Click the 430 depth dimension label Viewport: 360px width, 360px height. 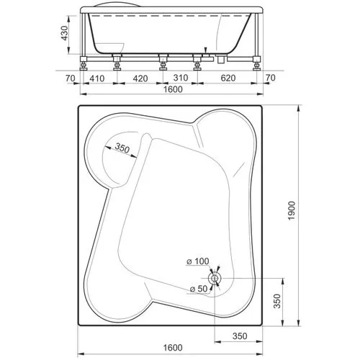click(65, 33)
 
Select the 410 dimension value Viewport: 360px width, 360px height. click(97, 78)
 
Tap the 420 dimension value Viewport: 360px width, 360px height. click(140, 78)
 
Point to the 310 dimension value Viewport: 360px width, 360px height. click(181, 78)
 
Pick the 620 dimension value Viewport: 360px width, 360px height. click(228, 78)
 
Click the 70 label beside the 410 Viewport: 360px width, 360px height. click(71, 78)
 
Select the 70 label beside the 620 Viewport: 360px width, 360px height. click(271, 78)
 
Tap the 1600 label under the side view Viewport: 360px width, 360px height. click(173, 89)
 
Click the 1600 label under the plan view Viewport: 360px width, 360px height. click(173, 347)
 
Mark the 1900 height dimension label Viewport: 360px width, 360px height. click(292, 211)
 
